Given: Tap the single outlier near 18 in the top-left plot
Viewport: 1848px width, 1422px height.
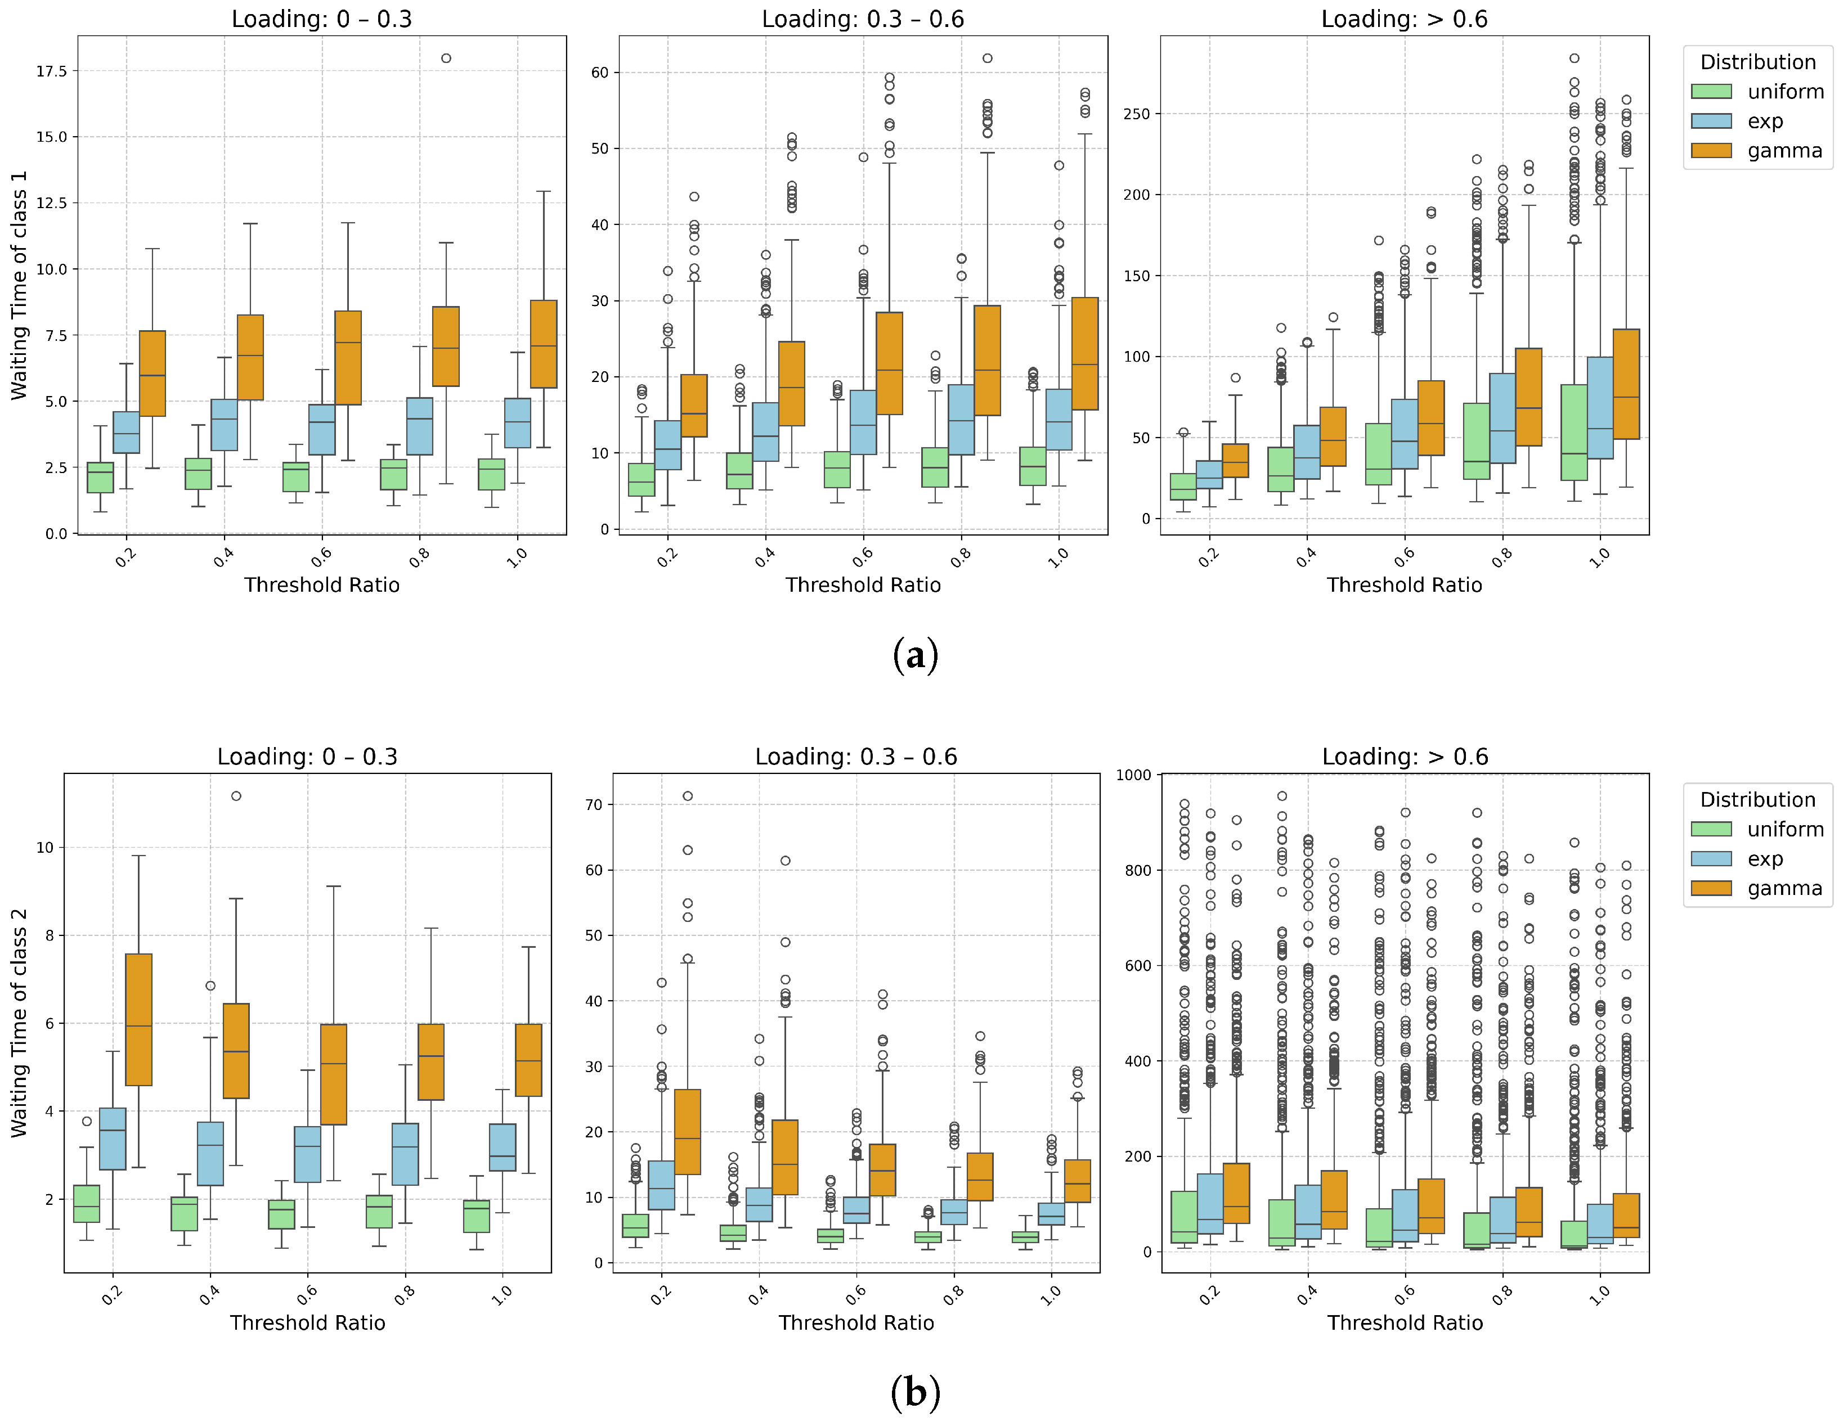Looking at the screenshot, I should point(446,58).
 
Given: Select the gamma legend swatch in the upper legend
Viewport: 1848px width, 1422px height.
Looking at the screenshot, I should point(1711,151).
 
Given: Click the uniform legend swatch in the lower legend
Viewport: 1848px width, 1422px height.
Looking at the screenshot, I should point(1711,829).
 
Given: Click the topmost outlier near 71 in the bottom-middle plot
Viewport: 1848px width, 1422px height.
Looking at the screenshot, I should point(688,796).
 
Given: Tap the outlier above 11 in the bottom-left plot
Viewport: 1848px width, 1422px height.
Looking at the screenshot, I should point(236,796).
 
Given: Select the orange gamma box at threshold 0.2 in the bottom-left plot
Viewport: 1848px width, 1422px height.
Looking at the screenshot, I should point(139,1019).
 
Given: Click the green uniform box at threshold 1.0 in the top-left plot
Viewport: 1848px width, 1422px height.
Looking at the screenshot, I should point(492,475).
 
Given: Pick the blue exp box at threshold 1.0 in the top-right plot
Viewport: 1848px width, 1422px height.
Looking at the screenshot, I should point(1600,408).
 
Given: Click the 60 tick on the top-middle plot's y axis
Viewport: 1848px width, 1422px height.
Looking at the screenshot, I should point(599,73).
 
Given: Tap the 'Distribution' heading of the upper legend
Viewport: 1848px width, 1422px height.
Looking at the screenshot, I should point(1757,62).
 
